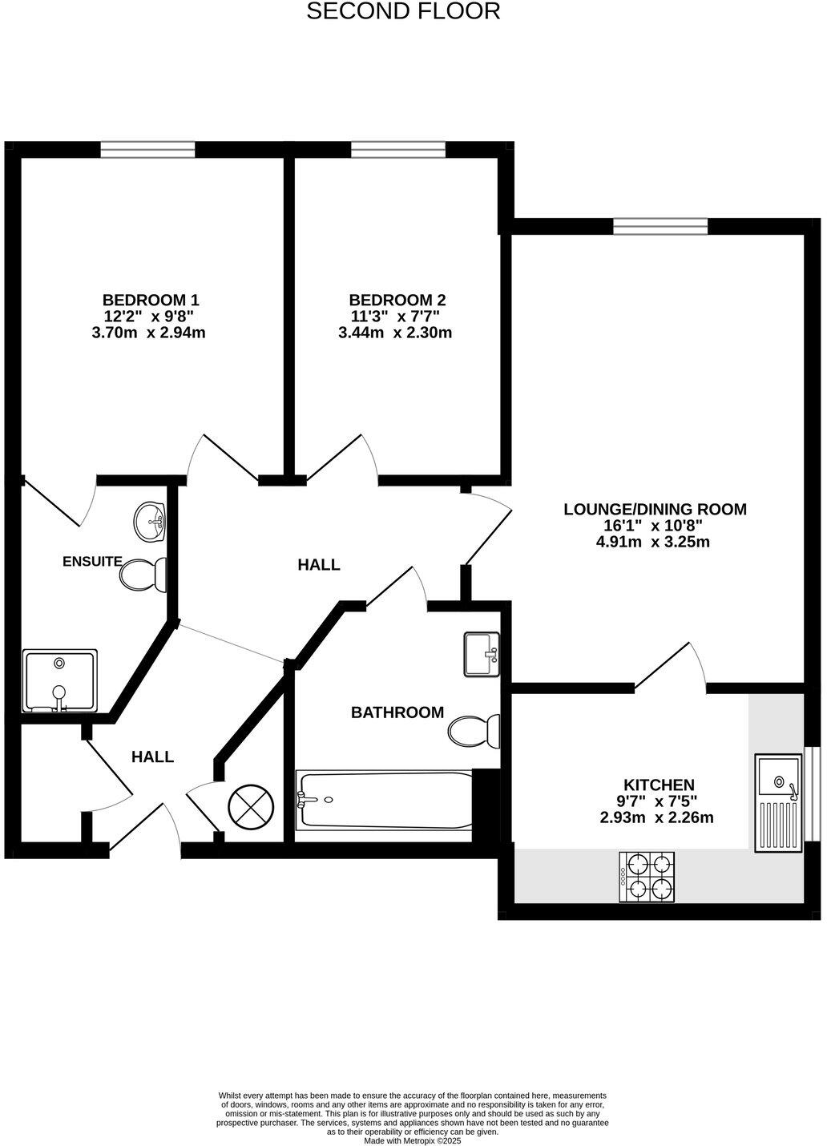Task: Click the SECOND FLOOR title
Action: pyautogui.click(x=404, y=12)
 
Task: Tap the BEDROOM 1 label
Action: pyautogui.click(x=151, y=301)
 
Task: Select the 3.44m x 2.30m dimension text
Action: pyautogui.click(x=395, y=333)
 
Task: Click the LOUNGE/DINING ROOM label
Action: pyautogui.click(x=655, y=509)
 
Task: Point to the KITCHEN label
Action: pyautogui.click(x=659, y=785)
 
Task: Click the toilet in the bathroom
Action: pyautogui.click(x=474, y=730)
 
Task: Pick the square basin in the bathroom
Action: pyautogui.click(x=482, y=654)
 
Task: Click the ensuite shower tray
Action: pyautogui.click(x=60, y=680)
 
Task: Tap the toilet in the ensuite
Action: pyautogui.click(x=143, y=574)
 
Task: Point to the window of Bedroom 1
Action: pyautogui.click(x=147, y=149)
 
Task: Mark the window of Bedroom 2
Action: pyautogui.click(x=397, y=149)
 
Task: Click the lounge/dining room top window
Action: pyautogui.click(x=660, y=226)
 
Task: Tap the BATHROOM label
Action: pyautogui.click(x=397, y=712)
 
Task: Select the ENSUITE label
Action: pyautogui.click(x=92, y=562)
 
